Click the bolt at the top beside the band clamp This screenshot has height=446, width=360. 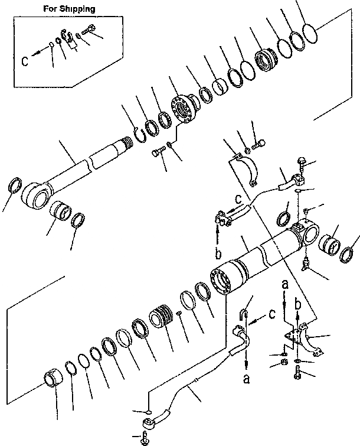click(x=258, y=142)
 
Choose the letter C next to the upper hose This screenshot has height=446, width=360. click(x=238, y=198)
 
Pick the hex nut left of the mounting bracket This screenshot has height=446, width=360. click(x=283, y=362)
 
